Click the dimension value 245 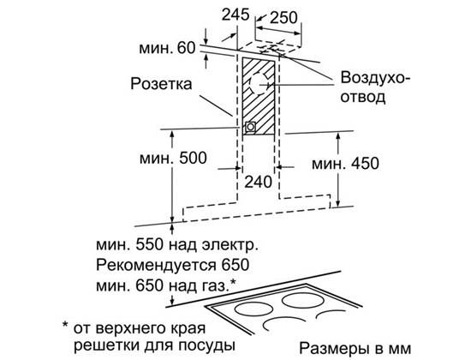click(235, 15)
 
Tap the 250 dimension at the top click(283, 17)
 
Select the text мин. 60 click(167, 48)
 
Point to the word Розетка click(161, 84)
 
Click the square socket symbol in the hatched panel click(250, 127)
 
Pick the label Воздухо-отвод click(375, 87)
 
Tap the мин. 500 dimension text click(173, 158)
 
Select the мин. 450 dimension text click(345, 164)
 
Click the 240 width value click(259, 182)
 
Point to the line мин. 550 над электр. click(177, 245)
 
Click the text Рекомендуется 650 click(173, 265)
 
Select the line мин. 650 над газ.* click(166, 285)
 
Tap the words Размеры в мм click(355, 348)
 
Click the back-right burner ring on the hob click(302, 300)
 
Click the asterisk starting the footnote click(65, 325)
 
